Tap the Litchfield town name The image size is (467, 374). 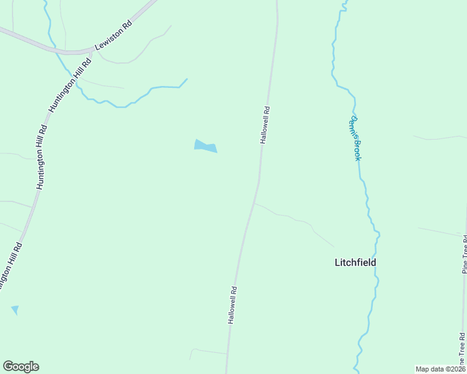pos(355,262)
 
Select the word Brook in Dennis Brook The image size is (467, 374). pos(356,150)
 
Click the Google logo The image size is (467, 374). pos(21,367)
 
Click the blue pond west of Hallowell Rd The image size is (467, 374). pos(205,146)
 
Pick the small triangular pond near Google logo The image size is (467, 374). pos(14,310)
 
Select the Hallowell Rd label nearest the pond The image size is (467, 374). pos(265,125)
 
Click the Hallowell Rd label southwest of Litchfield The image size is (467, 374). pos(232,305)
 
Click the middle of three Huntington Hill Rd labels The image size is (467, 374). pos(41,158)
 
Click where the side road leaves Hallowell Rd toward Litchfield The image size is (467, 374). pos(255,203)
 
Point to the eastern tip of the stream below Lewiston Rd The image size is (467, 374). pos(187,79)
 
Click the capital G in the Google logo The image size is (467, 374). pos(8,367)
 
